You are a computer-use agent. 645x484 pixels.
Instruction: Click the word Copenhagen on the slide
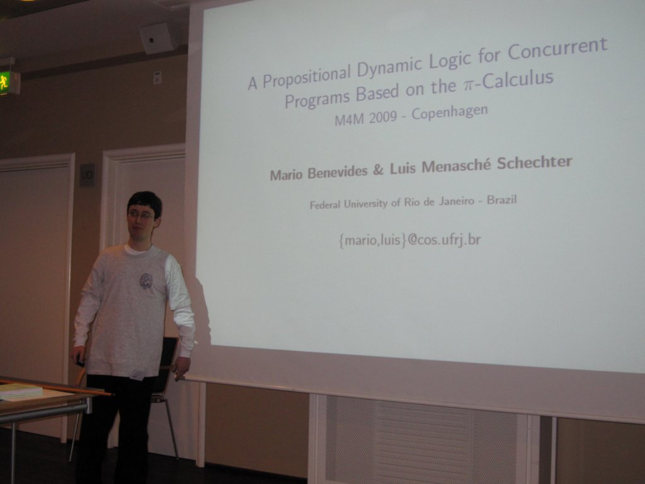coord(450,112)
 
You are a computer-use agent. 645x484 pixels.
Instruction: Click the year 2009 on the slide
coord(382,118)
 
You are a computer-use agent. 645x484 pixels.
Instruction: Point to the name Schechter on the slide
coord(534,162)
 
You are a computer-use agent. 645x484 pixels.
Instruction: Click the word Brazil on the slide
coord(501,200)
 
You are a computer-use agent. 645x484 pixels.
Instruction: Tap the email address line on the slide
coord(409,239)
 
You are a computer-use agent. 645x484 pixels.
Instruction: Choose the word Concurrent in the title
coord(557,48)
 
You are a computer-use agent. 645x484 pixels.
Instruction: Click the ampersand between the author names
coord(378,170)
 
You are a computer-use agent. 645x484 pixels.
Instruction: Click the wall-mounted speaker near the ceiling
coord(159,38)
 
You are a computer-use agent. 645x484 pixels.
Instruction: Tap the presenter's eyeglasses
coord(142,215)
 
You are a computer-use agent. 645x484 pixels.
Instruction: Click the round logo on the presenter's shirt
coord(146,281)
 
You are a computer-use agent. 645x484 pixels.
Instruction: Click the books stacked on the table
coord(21,391)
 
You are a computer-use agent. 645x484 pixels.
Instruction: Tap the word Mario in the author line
coord(287,175)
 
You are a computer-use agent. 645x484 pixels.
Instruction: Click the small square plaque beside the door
coord(87,175)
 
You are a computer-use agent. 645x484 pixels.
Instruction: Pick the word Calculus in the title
coord(518,79)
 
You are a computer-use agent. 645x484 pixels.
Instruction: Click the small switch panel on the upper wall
coord(157,78)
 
